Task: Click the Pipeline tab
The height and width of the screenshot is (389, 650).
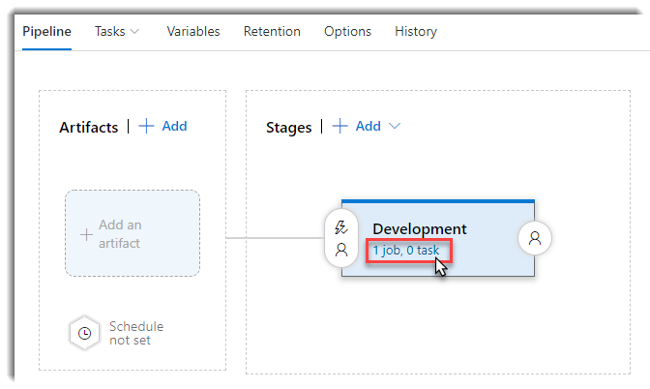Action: [46, 32]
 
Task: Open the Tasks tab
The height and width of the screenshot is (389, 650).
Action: [109, 32]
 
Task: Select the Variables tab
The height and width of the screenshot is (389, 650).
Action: [193, 32]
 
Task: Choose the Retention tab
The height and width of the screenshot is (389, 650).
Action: [272, 32]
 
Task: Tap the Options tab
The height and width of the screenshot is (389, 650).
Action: [347, 32]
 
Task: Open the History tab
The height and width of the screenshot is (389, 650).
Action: [416, 32]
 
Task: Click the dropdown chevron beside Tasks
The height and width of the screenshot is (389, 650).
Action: [134, 32]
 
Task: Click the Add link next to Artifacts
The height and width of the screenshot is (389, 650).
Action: [174, 126]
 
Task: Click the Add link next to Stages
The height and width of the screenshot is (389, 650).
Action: [369, 126]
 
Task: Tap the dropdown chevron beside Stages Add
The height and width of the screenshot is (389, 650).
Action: [395, 126]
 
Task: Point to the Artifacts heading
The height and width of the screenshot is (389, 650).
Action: [89, 127]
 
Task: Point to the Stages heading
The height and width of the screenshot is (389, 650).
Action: [288, 128]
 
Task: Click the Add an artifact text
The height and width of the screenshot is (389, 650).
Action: [120, 234]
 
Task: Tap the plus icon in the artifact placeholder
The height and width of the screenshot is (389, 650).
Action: [86, 235]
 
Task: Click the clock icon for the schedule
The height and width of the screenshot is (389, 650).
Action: [84, 333]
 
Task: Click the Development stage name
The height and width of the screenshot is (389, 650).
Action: [420, 229]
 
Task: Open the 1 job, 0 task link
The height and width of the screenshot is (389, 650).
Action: [406, 250]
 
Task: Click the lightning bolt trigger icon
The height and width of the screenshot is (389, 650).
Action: [341, 227]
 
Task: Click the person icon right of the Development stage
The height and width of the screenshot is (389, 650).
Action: [535, 238]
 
